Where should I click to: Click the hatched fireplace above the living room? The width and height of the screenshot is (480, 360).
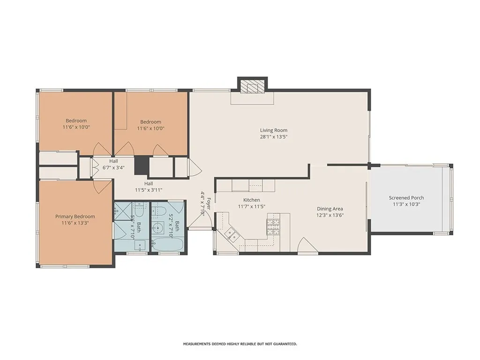(x=252, y=86)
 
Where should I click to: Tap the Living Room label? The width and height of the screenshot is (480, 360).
(x=274, y=130)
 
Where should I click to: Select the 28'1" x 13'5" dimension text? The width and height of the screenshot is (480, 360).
(x=274, y=137)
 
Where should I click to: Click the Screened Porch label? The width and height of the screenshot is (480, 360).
(x=406, y=198)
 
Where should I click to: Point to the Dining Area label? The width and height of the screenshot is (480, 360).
(x=330, y=209)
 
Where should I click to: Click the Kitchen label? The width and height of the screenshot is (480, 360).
(x=252, y=200)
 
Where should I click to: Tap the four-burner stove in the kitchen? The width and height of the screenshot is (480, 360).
(x=273, y=227)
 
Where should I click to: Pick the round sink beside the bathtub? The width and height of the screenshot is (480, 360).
(x=158, y=227)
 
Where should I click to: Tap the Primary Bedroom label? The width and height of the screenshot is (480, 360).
(x=75, y=217)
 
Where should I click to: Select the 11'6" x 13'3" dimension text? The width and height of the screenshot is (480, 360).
(x=75, y=223)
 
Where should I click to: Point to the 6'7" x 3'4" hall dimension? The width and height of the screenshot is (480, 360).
(x=113, y=167)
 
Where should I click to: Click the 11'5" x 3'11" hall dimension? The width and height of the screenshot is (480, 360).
(x=149, y=190)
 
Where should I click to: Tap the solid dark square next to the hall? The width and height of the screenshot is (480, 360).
(x=141, y=165)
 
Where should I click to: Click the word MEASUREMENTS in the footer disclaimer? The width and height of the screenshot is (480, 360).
(x=196, y=344)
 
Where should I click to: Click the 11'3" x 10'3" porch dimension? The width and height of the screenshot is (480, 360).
(x=406, y=204)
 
